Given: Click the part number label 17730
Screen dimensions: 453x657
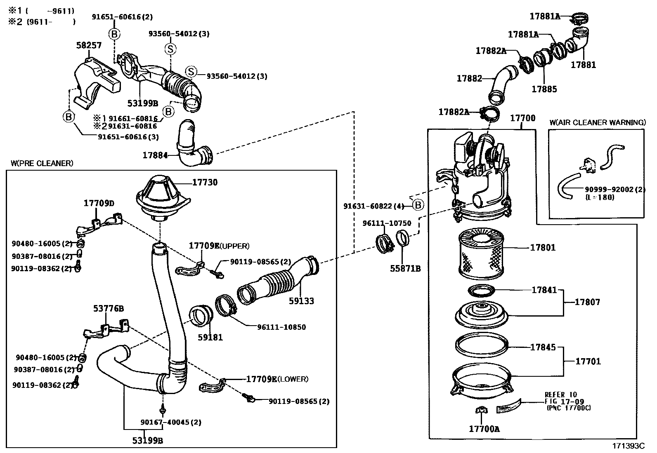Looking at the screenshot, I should pos(205,182).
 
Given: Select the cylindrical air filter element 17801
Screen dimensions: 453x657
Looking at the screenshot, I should pos(481,253).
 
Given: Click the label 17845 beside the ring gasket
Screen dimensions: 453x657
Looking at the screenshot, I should pos(543,347).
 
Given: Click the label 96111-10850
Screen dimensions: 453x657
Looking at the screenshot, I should pos(281,327).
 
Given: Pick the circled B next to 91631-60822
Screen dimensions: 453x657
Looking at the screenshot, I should pos(418,204).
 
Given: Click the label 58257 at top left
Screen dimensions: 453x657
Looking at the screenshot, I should pos(89,45).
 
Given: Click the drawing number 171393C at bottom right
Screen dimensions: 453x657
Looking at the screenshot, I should pos(628,446).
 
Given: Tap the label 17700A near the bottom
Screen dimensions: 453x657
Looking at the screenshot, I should pos(484,429).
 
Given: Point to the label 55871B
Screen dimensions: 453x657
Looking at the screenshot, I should pos(405,268).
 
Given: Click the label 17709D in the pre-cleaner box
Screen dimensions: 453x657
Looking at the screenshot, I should pos(99,203).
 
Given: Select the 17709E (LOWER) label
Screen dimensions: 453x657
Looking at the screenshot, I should pos(277,379).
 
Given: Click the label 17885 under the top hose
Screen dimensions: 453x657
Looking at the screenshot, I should pos(544,89).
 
